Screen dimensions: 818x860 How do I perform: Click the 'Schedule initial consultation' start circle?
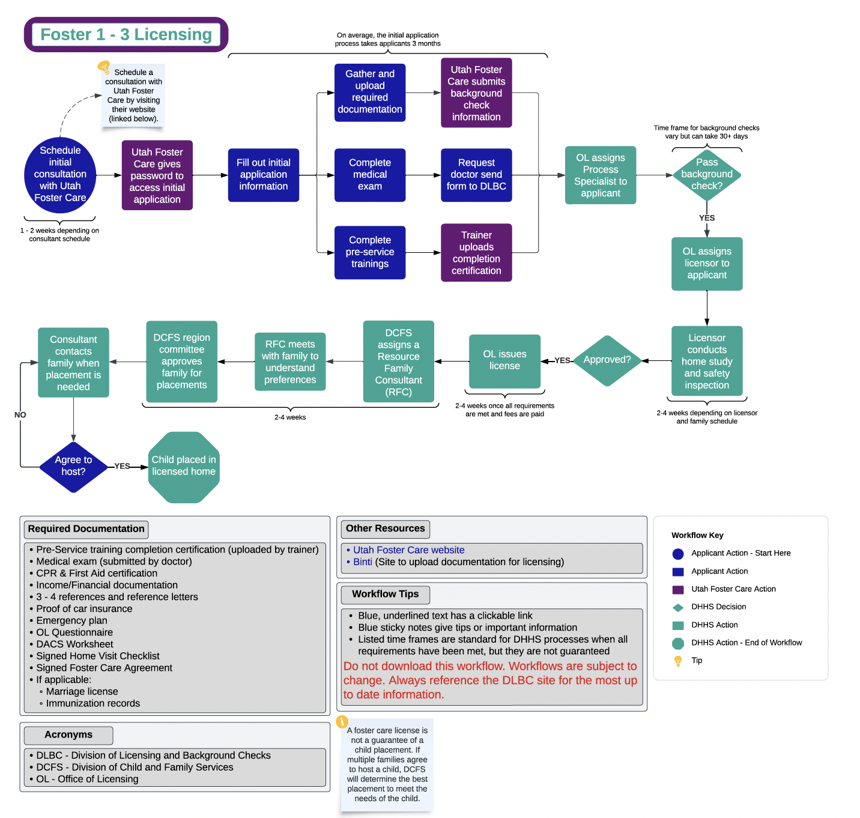(60, 174)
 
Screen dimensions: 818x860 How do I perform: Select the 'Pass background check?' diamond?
(707, 174)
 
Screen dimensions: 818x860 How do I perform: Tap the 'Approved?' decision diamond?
(607, 360)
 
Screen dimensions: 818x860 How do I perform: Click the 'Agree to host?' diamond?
(73, 466)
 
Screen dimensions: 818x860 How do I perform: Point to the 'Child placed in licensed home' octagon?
(184, 466)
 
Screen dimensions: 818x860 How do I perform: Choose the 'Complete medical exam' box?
(370, 175)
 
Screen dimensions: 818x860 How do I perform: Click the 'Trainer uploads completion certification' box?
(476, 253)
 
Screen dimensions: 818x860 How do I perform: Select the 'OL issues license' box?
(504, 360)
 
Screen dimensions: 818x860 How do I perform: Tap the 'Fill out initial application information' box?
(263, 175)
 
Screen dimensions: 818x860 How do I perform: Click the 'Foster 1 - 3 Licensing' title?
(126, 35)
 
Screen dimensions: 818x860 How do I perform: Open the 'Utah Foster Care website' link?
(408, 550)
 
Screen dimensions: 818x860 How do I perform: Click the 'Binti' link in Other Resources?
(363, 562)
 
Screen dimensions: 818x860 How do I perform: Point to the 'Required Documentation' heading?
(86, 529)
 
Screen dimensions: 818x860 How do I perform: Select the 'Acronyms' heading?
(68, 735)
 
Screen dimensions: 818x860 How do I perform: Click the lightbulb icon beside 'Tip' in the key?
(678, 661)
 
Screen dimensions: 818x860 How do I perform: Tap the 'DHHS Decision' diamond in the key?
(678, 607)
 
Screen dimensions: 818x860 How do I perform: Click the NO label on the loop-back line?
(20, 415)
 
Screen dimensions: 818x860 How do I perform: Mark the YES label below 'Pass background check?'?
(707, 218)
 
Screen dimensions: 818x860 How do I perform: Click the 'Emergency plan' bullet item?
(71, 620)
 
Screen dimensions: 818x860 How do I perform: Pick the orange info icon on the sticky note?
(342, 721)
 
